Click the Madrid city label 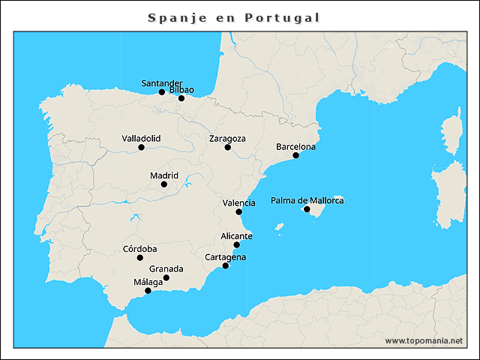(163, 175)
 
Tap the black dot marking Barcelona (295, 155)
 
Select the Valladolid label (141, 139)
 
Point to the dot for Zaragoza (227, 147)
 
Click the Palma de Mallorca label (307, 200)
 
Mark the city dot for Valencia (238, 211)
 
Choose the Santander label (162, 83)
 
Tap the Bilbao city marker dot (181, 98)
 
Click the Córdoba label (139, 249)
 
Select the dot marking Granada (166, 277)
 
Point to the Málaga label (148, 282)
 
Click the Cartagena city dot (225, 265)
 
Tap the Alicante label (236, 236)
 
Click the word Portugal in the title (282, 17)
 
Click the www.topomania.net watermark (424, 340)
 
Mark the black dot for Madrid (163, 184)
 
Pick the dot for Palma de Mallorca (306, 208)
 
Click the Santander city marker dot (161, 92)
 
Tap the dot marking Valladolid (141, 147)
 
